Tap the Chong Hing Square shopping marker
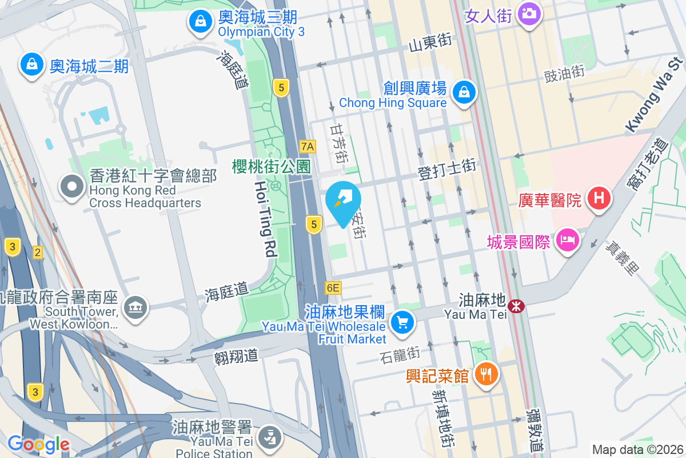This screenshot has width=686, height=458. tap(464, 92)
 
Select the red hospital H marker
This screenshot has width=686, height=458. tap(599, 199)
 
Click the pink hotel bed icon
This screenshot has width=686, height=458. tap(568, 240)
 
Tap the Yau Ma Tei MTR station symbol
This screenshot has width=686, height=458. tap(516, 306)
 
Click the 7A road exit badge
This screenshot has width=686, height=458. tap(308, 146)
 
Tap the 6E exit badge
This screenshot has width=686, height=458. tap(333, 288)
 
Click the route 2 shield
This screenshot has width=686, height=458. tap(38, 252)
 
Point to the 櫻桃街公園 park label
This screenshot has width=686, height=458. tap(272, 167)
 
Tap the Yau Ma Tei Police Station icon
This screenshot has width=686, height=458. tap(267, 438)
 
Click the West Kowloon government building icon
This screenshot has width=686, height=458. tap(136, 308)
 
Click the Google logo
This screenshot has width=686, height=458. tap(38, 444)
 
